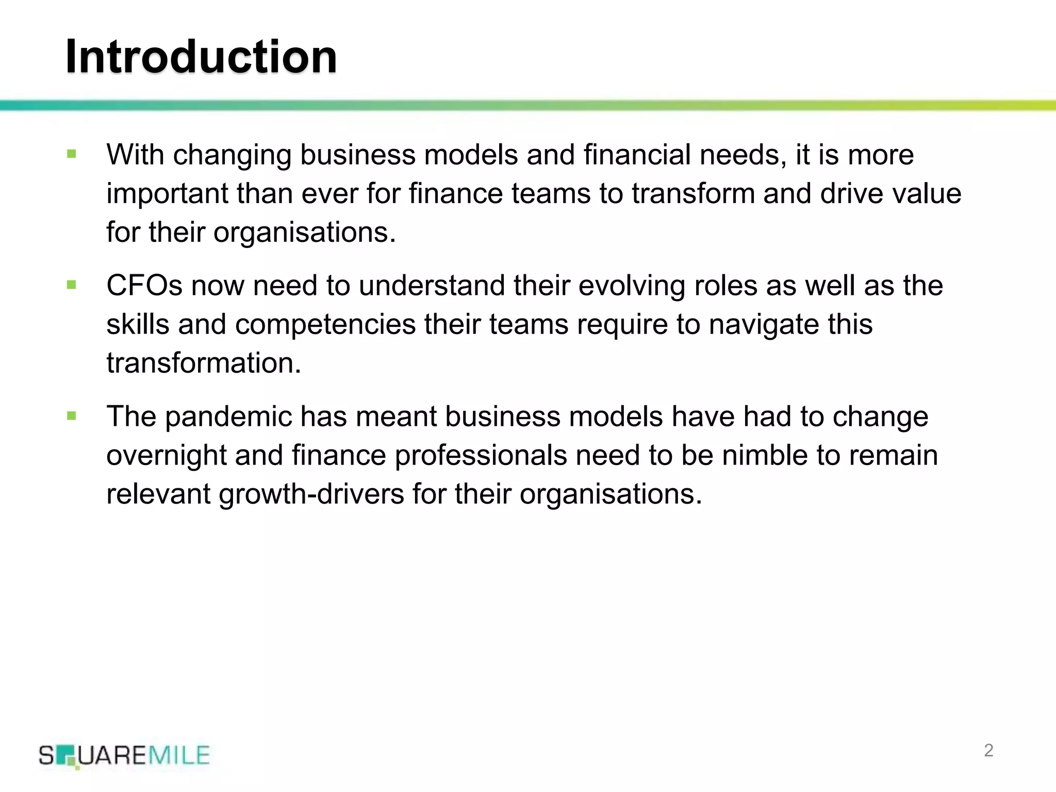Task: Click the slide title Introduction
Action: (x=201, y=57)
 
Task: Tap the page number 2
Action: (x=988, y=750)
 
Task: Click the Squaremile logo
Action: (x=124, y=756)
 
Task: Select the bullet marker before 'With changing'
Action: (x=72, y=154)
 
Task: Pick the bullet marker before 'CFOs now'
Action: (x=72, y=285)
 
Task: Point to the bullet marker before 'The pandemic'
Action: (x=72, y=416)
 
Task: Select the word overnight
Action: (x=166, y=456)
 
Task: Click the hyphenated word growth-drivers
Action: (x=311, y=494)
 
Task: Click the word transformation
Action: (x=204, y=363)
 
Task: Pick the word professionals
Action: (x=481, y=456)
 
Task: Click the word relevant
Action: (x=158, y=494)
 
